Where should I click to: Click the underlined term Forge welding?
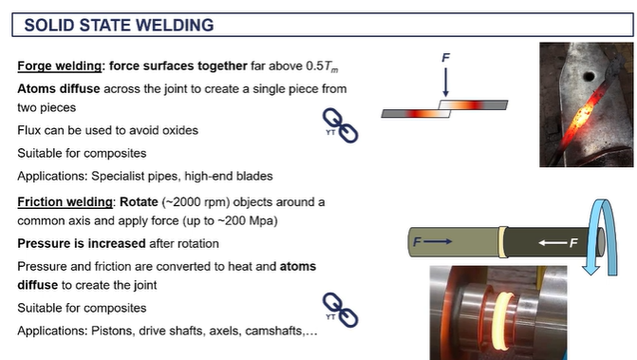(59, 66)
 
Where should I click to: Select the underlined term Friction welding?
(62, 201)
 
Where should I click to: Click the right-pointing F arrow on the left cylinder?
(430, 243)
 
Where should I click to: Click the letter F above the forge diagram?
(446, 58)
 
